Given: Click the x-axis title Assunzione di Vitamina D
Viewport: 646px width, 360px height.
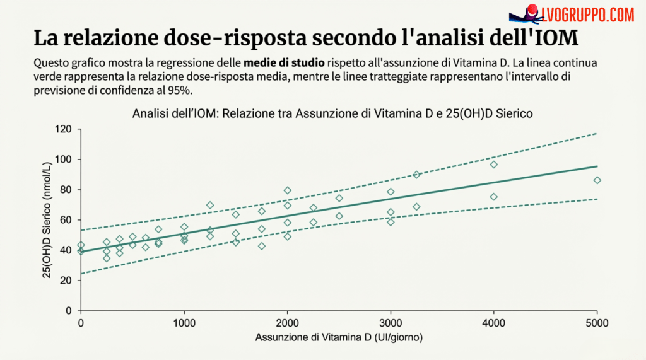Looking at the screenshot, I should (339, 337).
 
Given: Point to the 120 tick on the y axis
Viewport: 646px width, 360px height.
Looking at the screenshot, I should (66, 129).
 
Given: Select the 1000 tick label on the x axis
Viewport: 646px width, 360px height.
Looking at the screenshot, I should (184, 323).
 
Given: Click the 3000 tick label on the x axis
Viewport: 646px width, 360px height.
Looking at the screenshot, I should (391, 323).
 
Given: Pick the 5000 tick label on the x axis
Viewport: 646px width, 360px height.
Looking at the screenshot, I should (597, 323).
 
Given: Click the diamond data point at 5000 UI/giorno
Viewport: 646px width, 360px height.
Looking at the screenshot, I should (597, 180).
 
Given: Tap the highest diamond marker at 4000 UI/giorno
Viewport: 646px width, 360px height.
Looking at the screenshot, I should (494, 165).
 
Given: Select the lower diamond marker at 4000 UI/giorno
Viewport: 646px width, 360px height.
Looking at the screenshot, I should (494, 197).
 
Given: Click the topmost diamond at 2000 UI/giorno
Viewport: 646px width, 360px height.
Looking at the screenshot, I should (287, 190).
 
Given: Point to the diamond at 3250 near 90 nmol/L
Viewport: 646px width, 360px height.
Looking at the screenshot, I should (416, 175).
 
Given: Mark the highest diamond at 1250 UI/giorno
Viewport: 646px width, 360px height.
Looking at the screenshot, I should (209, 206).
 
